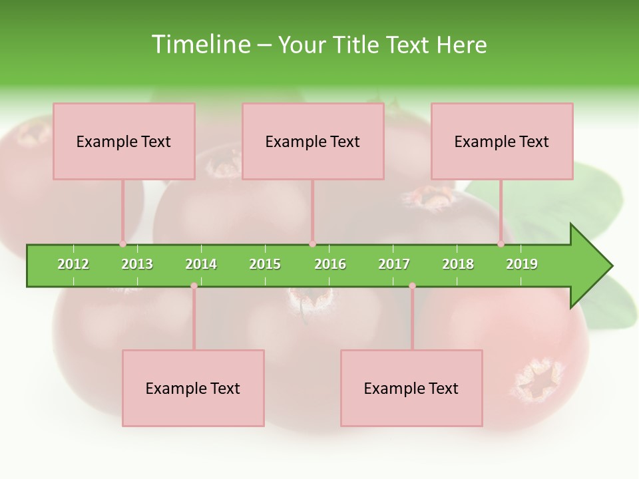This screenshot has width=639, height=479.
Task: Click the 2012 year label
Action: pyautogui.click(x=73, y=264)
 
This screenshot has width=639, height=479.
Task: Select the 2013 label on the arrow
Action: pyautogui.click(x=137, y=264)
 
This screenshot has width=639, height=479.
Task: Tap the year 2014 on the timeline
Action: pyautogui.click(x=201, y=264)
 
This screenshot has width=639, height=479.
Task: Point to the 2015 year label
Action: pyautogui.click(x=265, y=264)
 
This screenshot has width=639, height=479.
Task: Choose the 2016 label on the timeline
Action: pyautogui.click(x=330, y=264)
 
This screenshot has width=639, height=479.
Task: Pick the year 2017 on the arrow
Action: pyautogui.click(x=394, y=264)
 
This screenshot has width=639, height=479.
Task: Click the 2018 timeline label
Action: pyautogui.click(x=458, y=264)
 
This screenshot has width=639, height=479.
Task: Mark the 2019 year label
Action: pyautogui.click(x=522, y=264)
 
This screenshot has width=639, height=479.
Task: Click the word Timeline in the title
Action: pyautogui.click(x=200, y=45)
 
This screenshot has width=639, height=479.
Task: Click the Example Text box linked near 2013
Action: pyautogui.click(x=124, y=141)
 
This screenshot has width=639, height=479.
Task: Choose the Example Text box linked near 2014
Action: pyautogui.click(x=193, y=388)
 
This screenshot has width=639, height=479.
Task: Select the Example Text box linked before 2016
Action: pyautogui.click(x=313, y=141)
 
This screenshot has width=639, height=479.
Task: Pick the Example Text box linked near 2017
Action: pyautogui.click(x=411, y=388)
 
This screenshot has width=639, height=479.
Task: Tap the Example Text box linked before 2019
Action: pyautogui.click(x=502, y=141)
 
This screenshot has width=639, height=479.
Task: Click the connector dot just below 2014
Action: pyautogui.click(x=194, y=285)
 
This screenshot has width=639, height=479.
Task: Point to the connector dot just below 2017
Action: pyautogui.click(x=412, y=285)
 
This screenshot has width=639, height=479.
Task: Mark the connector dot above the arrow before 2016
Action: pyautogui.click(x=312, y=243)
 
